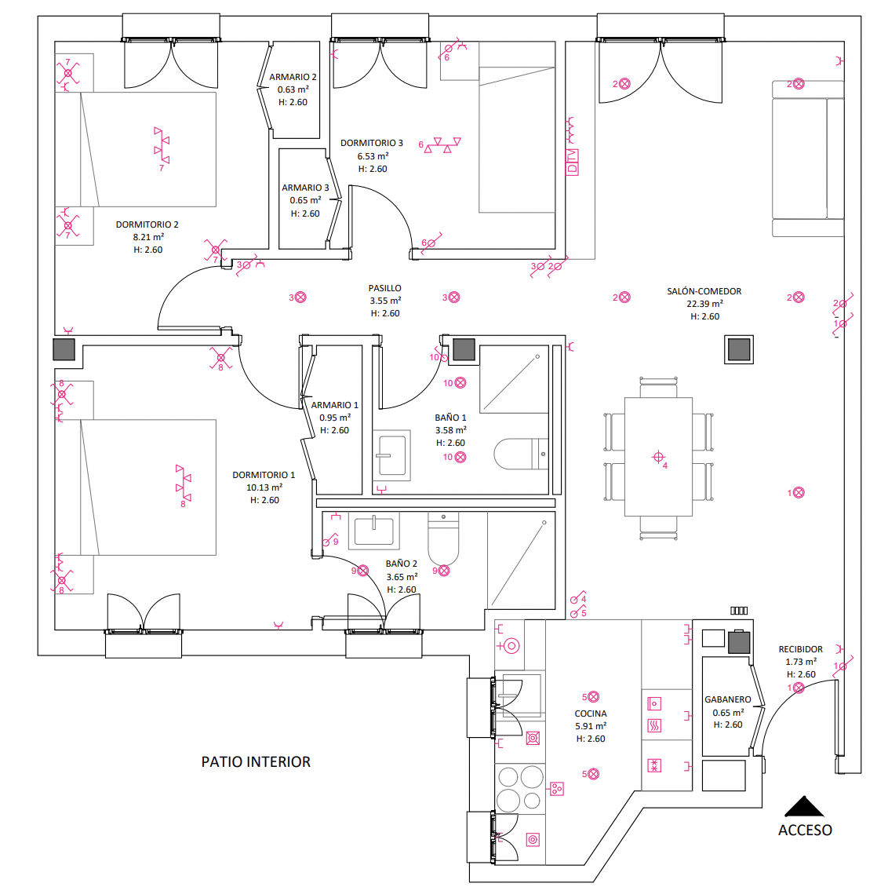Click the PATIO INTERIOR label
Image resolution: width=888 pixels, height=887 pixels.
pos(256,761)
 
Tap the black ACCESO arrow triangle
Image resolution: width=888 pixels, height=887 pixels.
pos(804,807)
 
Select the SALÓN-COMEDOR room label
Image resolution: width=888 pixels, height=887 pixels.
pos(704,291)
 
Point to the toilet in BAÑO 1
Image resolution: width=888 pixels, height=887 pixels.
pos(520,454)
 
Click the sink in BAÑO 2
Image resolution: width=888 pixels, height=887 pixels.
pos(373,531)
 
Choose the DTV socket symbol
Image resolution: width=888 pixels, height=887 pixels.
pos(572,161)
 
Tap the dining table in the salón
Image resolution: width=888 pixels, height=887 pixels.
pos(658,457)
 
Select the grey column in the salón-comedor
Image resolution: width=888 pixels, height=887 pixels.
pos(739,349)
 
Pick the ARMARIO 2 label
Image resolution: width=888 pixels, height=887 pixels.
pos(293,77)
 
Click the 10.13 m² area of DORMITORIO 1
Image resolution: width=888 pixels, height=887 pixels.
pos(264,487)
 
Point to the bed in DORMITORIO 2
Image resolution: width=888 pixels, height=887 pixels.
pos(147,149)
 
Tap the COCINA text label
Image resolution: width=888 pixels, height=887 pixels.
pos(591,714)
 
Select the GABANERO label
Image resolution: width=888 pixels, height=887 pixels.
pos(727,699)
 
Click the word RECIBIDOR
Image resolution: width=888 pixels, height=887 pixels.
pos(800,649)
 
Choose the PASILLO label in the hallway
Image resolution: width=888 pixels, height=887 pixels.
pos(385,288)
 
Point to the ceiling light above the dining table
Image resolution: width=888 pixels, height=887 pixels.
pos(658,457)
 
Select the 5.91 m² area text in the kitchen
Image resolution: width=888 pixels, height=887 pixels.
pos(591,726)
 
